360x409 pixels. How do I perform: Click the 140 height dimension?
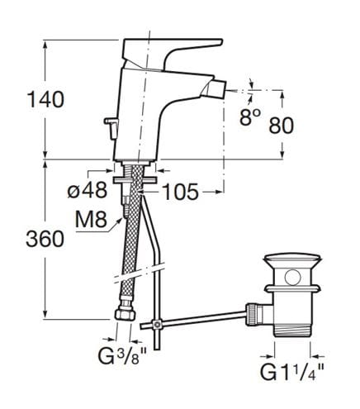(45, 100)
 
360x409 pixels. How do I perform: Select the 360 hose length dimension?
(45, 239)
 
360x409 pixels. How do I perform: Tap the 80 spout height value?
(282, 126)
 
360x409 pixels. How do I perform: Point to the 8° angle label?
(249, 117)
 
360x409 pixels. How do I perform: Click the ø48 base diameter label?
(87, 190)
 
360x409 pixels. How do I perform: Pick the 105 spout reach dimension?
(180, 192)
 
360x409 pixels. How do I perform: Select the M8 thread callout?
(91, 220)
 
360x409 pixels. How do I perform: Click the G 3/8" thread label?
(122, 356)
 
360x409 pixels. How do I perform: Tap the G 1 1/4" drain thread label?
(292, 373)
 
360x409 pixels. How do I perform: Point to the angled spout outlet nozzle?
(215, 88)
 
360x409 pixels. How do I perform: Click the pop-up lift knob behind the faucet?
(111, 127)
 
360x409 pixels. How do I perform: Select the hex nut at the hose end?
(126, 314)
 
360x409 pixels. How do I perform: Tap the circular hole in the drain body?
(293, 278)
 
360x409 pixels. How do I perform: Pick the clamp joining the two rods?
(157, 324)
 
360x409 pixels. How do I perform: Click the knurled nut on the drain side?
(253, 314)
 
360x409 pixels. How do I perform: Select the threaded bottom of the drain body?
(292, 328)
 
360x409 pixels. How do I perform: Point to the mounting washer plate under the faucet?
(135, 180)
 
